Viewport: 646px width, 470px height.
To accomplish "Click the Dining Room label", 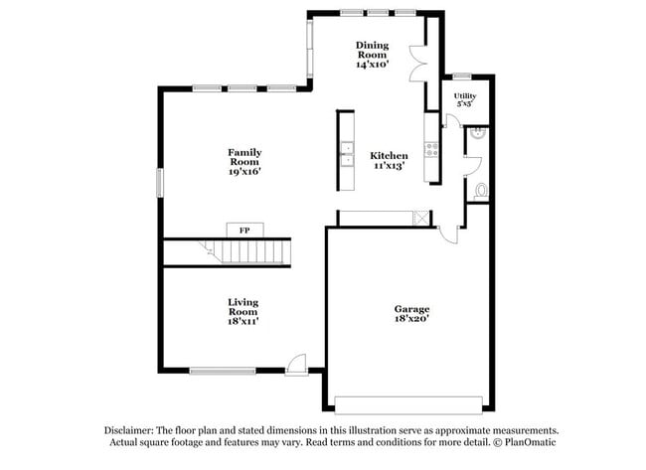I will (x=372, y=50).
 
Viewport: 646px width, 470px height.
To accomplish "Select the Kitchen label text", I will (x=389, y=156).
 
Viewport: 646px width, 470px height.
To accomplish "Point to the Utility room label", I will (x=465, y=95).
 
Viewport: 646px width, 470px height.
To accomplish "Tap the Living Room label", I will (x=243, y=306).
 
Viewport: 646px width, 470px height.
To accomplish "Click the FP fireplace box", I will (x=244, y=230).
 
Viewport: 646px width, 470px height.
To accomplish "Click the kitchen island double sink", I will (x=347, y=155).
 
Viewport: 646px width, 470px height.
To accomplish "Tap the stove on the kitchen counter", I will (x=432, y=150).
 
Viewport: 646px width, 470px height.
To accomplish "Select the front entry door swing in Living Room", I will (x=296, y=364).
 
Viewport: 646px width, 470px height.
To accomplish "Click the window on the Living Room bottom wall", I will (x=222, y=372).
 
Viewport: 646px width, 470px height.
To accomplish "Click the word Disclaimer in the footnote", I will (x=134, y=430).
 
